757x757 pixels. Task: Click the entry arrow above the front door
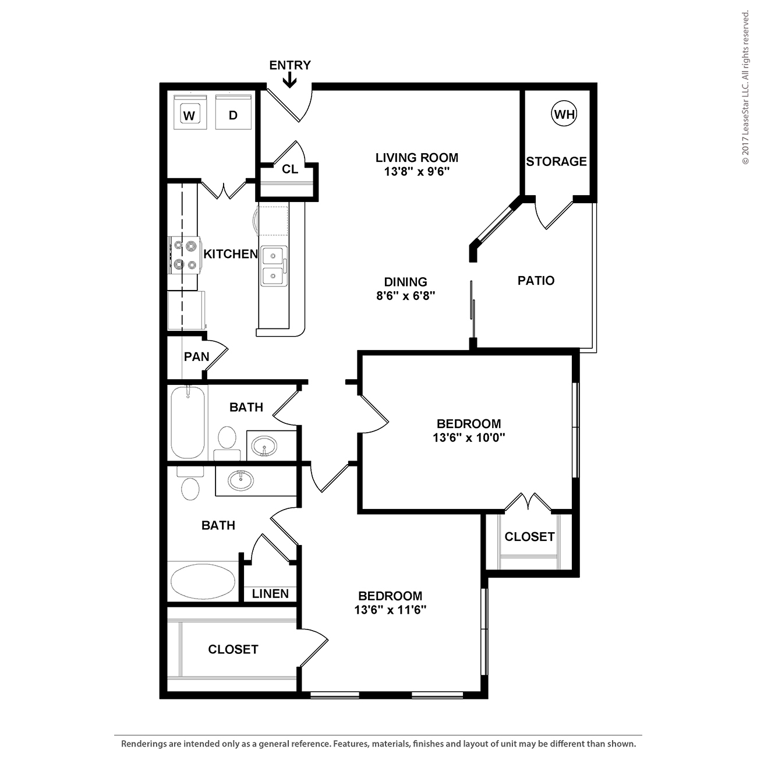289,81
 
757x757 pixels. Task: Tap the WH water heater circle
564,114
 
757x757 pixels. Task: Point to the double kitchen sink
274,266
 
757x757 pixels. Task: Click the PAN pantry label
196,357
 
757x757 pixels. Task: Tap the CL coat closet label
290,169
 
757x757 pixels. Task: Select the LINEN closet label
270,593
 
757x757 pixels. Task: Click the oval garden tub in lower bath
203,581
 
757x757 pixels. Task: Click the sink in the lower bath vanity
240,480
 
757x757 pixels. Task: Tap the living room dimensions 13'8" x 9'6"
417,172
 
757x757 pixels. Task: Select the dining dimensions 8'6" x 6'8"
406,295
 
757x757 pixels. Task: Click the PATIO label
536,281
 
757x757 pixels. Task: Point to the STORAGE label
556,161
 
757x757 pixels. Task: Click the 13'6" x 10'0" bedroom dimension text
469,437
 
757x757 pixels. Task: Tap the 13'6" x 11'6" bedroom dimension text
390,610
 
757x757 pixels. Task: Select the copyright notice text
745,88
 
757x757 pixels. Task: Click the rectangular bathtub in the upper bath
188,422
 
